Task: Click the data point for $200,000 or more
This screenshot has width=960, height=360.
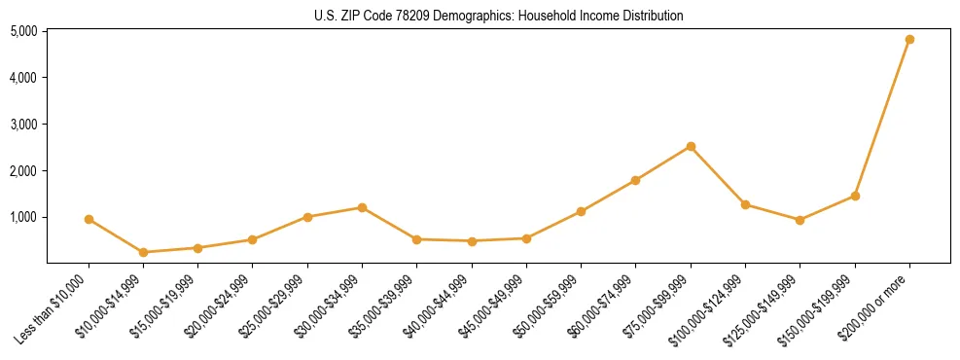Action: (x=909, y=40)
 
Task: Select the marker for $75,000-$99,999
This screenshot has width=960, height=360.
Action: (x=691, y=147)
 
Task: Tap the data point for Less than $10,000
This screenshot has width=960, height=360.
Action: (x=89, y=220)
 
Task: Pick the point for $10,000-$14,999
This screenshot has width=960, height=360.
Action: (x=144, y=252)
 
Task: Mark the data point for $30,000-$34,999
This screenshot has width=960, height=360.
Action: (x=362, y=207)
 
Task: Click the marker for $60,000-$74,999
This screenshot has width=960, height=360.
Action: (x=635, y=180)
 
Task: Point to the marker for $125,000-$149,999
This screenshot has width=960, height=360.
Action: (x=800, y=220)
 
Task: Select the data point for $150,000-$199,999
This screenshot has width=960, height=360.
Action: (x=855, y=196)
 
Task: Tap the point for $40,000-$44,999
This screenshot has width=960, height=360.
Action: (x=472, y=241)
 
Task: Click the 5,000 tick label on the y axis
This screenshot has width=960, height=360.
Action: (x=23, y=31)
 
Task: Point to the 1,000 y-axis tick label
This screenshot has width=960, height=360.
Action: (x=23, y=217)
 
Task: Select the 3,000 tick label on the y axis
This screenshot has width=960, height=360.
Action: (x=23, y=125)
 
